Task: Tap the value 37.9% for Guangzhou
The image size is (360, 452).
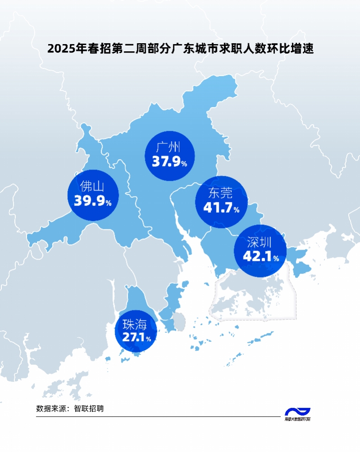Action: pyautogui.click(x=169, y=162)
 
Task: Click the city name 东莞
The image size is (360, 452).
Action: pyautogui.click(x=220, y=193)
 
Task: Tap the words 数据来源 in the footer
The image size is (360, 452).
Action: pyautogui.click(x=51, y=409)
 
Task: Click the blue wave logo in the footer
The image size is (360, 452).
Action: pyautogui.click(x=297, y=412)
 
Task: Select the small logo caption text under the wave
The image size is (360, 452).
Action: pyautogui.click(x=297, y=420)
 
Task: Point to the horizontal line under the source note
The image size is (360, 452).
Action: pyautogui.click(x=157, y=417)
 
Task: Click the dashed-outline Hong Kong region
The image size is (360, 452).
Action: pyautogui.click(x=252, y=297)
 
